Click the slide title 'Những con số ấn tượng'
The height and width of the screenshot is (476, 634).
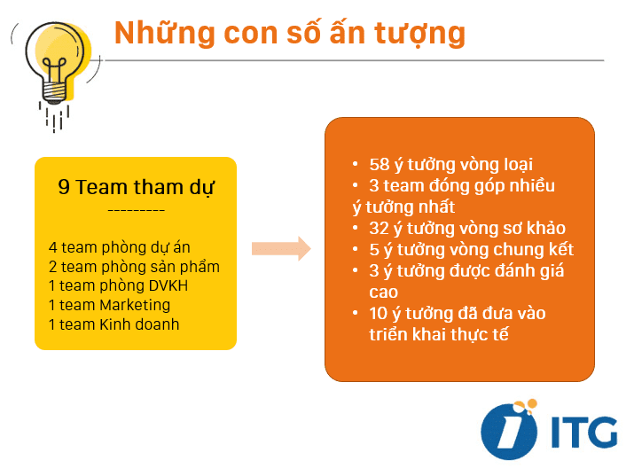click(x=290, y=33)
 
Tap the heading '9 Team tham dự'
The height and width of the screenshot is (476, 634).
click(x=136, y=187)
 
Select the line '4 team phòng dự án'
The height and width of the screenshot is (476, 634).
click(x=119, y=247)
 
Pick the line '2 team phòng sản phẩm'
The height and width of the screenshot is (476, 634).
click(x=134, y=266)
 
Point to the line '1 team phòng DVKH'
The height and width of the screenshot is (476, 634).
click(x=118, y=285)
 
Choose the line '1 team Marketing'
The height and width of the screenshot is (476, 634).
click(x=109, y=305)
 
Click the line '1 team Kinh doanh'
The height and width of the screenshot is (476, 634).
click(x=113, y=324)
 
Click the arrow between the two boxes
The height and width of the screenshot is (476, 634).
click(x=281, y=249)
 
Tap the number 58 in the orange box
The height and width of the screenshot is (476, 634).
click(x=379, y=165)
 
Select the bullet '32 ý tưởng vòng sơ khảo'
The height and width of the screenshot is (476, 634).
click(x=466, y=228)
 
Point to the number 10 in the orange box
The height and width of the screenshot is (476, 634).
click(x=379, y=313)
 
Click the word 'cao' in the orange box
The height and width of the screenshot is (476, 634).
click(x=383, y=292)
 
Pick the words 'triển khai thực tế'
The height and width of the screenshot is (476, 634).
click(x=438, y=334)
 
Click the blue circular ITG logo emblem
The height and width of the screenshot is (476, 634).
click(x=509, y=431)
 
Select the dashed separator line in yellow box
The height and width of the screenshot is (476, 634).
click(x=136, y=211)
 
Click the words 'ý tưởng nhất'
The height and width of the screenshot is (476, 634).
click(x=403, y=207)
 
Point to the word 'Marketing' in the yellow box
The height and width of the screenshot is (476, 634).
click(x=134, y=305)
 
